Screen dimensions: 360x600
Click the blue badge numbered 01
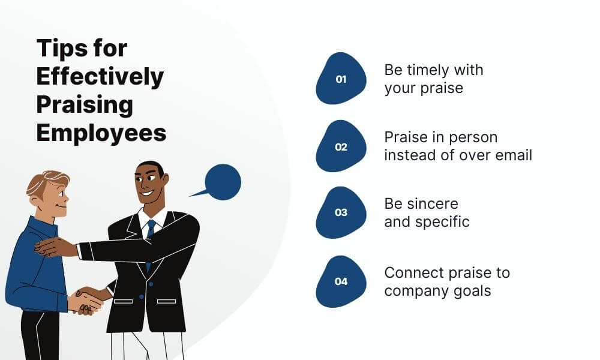pyautogui.click(x=341, y=79)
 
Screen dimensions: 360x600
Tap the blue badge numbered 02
pyautogui.click(x=341, y=146)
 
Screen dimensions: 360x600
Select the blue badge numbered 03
pyautogui.click(x=341, y=212)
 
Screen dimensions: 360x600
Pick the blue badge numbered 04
pyautogui.click(x=341, y=281)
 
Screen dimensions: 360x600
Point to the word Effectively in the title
pyautogui.click(x=100, y=76)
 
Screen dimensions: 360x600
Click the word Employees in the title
pyautogui.click(x=101, y=133)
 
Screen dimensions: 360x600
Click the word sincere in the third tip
pyautogui.click(x=421, y=203)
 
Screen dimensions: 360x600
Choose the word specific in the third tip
pyautogui.click(x=442, y=221)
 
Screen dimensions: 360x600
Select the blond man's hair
pyautogui.click(x=47, y=181)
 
